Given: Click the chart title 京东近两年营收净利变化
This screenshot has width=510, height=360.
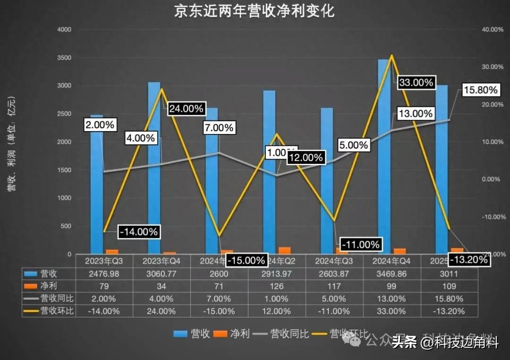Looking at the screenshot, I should coord(255,11).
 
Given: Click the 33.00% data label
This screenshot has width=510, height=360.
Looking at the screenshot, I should coord(416,83).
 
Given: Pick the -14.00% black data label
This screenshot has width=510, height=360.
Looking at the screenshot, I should coord(138,232).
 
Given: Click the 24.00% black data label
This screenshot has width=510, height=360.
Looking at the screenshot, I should coord(186,109).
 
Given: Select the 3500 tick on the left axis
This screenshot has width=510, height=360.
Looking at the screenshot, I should coord(64,58).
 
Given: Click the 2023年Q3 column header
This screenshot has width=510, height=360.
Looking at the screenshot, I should coord(104,261).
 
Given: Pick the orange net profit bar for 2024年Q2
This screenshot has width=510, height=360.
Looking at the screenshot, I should coord(284,251).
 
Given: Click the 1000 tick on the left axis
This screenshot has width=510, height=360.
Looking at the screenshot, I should coord(64,198).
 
